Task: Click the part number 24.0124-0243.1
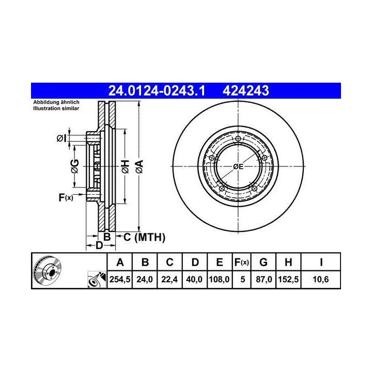coord(157,90)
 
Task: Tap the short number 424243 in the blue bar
coord(245,90)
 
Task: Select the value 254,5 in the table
coord(120,280)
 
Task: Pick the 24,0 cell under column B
coord(145,280)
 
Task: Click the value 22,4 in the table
coord(169,280)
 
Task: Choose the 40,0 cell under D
coord(195,280)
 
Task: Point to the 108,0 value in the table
coord(219,280)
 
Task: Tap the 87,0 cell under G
coord(264,280)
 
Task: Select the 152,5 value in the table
coord(288,280)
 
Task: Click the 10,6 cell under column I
coord(321,280)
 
